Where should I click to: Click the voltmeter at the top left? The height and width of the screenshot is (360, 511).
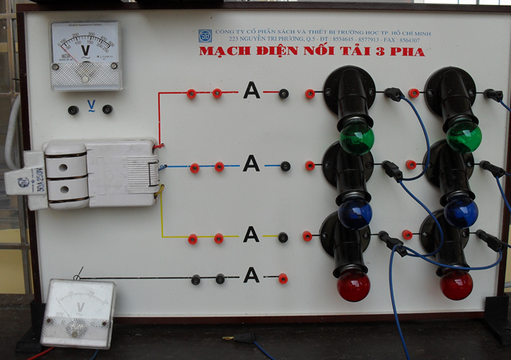tap(86, 54)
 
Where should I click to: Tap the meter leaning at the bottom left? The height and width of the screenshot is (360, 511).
tap(78, 313)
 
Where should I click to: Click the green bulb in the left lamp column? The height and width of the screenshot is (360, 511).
tap(356, 138)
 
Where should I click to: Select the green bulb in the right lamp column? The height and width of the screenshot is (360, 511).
tap(463, 136)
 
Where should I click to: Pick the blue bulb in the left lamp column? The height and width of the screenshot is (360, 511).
tap(355, 214)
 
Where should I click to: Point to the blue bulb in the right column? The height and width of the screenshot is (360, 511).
tap(461, 212)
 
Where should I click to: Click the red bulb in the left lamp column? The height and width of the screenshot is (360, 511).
tap(353, 286)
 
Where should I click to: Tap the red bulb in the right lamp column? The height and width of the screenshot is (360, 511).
tap(457, 285)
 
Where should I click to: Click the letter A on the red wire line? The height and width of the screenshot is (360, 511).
tap(251, 91)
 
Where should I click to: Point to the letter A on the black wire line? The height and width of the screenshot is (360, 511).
tap(251, 277)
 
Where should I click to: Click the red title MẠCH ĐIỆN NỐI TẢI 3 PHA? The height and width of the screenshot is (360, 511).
tap(311, 52)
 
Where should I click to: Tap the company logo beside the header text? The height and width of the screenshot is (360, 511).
tap(205, 36)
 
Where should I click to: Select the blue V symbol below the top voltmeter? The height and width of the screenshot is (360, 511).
tap(91, 107)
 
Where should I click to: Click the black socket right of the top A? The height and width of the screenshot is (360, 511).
tap(284, 94)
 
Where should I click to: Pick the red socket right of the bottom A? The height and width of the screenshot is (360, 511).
tap(283, 279)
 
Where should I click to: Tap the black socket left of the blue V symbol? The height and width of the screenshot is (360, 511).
tap(72, 108)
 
